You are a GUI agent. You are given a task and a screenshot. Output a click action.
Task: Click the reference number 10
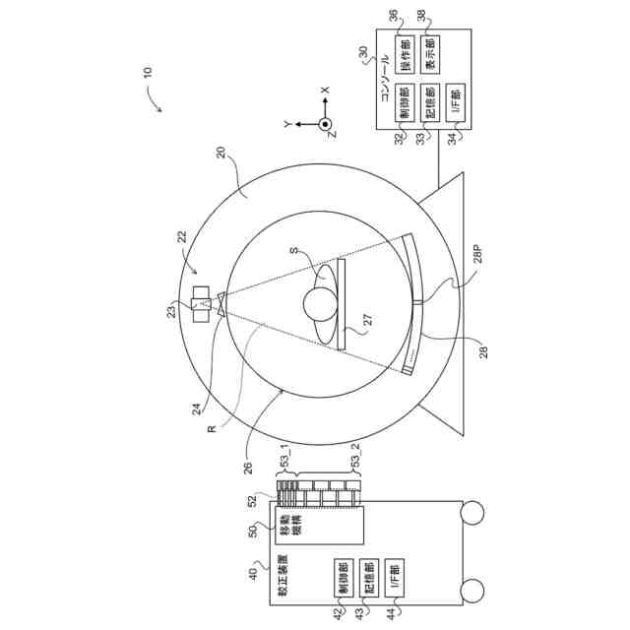[x=148, y=72]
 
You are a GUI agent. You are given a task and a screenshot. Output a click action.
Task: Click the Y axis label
[x=286, y=125]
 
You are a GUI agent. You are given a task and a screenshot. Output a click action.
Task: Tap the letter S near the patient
[x=294, y=251]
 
